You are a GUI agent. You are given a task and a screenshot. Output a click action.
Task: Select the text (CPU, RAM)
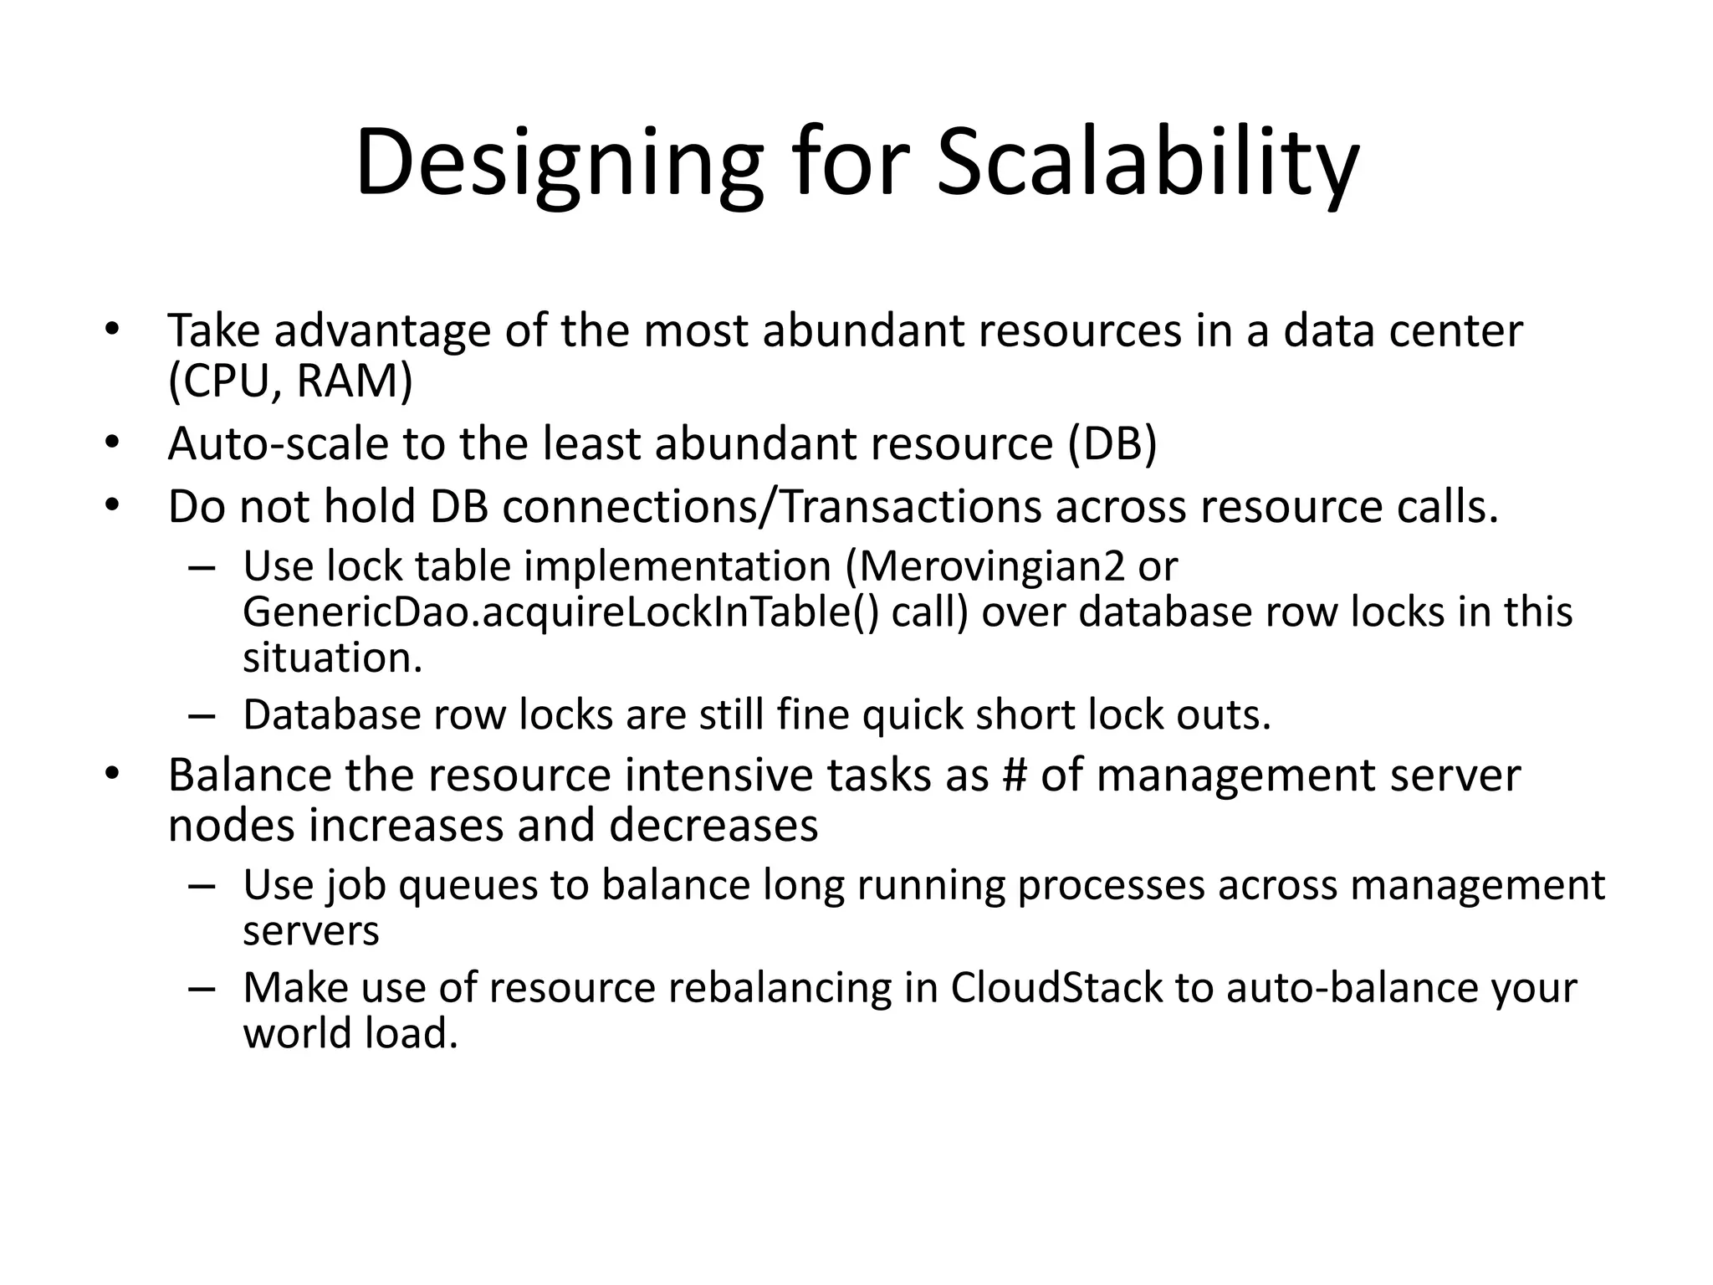(290, 381)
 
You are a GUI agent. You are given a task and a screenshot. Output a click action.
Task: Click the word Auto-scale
(278, 443)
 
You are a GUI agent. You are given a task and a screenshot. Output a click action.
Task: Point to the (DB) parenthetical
(1112, 443)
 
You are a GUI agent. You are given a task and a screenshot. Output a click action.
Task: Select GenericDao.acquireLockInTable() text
(560, 612)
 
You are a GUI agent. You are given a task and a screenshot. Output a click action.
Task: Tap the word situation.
(332, 658)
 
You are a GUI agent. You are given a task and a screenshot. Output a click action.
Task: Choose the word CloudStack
(1056, 987)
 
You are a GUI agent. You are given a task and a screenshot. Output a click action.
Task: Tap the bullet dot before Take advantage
(112, 330)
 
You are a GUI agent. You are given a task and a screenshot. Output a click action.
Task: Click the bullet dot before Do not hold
(112, 507)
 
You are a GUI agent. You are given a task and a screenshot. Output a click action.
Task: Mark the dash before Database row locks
(202, 716)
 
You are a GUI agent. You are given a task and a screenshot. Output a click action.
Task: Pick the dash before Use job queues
(202, 886)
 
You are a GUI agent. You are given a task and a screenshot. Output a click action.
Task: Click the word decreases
(713, 825)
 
